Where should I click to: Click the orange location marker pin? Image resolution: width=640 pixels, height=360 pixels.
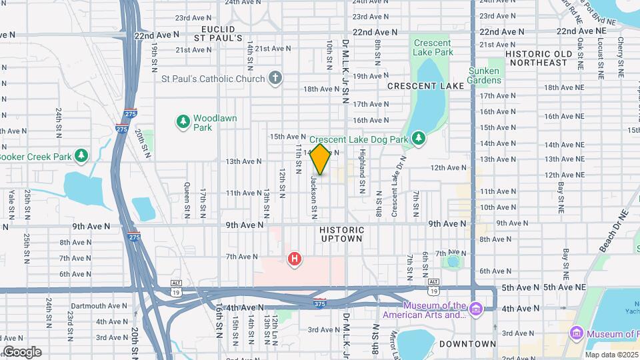coord(320,159)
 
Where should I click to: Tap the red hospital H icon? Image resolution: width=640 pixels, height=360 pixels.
coord(293,258)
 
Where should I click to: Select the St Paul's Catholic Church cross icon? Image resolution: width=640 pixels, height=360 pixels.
coord(275,79)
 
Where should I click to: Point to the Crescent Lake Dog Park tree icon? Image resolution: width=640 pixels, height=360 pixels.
coord(418,139)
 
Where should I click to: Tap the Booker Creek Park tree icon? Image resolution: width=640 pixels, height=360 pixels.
coord(81,156)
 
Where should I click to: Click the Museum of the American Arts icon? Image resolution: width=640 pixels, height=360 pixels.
coord(475,310)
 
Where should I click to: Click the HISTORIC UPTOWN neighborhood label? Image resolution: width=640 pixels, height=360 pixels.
coord(341,234)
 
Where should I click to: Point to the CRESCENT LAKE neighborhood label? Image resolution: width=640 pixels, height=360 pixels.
coord(425,86)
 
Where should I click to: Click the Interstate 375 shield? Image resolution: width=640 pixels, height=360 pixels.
coord(320,303)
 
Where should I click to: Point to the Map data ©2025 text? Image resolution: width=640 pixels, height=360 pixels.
coord(611,355)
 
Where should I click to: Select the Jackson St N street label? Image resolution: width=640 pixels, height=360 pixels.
coord(313,196)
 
